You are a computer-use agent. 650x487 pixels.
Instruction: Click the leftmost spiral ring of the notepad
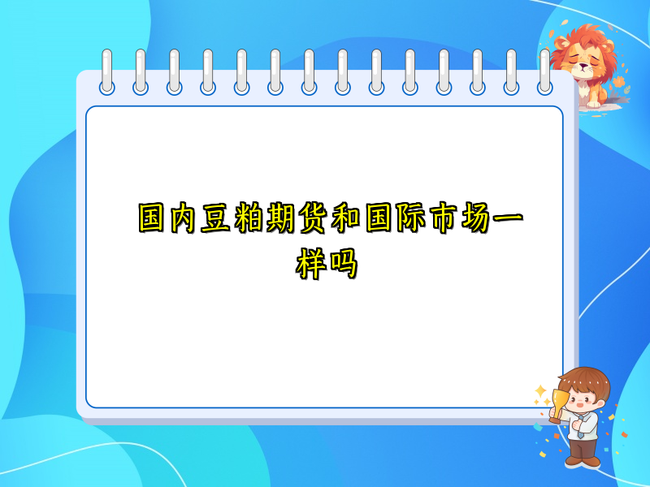click(x=107, y=71)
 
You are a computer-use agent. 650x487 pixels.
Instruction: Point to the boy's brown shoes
click(x=583, y=461)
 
